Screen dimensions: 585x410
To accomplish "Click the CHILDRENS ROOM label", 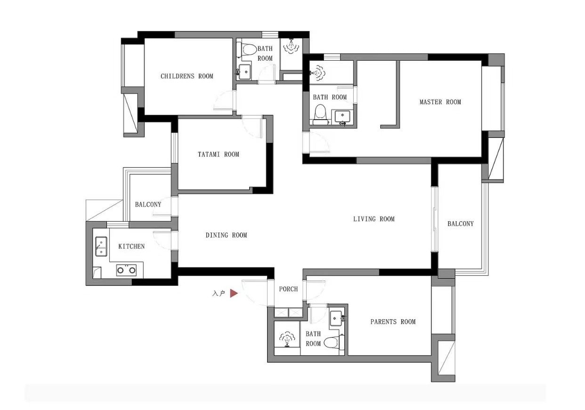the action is [x=187, y=76].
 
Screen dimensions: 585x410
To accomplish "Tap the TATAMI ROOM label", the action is [x=219, y=154].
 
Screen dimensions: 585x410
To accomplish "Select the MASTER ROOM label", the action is [x=440, y=102].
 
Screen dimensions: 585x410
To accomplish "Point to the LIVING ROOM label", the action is [x=374, y=219].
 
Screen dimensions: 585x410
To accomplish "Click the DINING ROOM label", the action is [x=226, y=235].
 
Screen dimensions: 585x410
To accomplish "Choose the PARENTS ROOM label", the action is [x=393, y=322].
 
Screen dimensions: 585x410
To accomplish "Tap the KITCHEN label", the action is [x=131, y=246].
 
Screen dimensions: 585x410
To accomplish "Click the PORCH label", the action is [x=288, y=289].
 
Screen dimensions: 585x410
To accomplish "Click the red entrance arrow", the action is [x=234, y=293].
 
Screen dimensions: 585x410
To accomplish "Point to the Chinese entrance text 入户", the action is [x=219, y=293].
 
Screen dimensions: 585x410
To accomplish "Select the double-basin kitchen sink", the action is [x=101, y=246].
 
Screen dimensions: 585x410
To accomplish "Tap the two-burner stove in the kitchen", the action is [x=126, y=270].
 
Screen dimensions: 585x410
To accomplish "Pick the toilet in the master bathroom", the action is [x=320, y=115].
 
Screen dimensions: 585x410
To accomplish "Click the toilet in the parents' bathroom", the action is [x=334, y=342].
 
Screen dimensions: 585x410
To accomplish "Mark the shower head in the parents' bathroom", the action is [x=287, y=339].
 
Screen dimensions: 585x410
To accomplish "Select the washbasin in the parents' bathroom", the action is [x=336, y=318].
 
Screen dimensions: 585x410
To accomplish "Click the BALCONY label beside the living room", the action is [x=461, y=224].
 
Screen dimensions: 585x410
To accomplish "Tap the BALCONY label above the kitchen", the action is [x=148, y=204].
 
